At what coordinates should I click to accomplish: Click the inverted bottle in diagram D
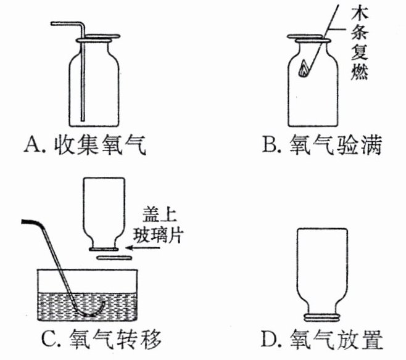(x=321, y=265)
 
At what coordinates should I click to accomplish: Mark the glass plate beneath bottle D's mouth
(x=321, y=318)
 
